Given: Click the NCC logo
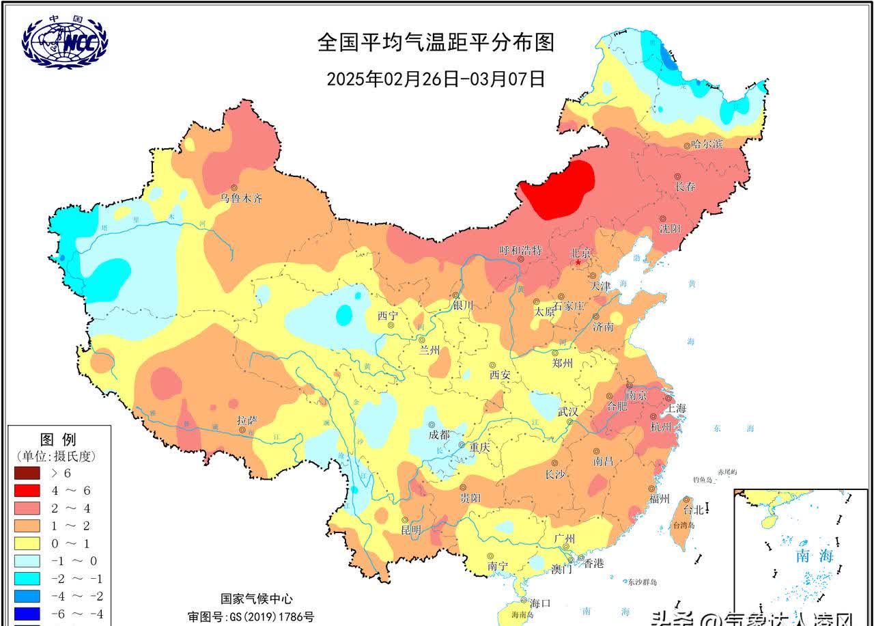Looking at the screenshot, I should click(x=65, y=42).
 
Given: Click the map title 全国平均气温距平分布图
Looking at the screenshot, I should click(x=436, y=42).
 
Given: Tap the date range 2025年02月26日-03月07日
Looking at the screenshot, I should click(x=436, y=79).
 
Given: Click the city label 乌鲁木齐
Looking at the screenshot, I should click(x=240, y=199).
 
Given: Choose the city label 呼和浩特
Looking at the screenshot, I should click(x=520, y=251).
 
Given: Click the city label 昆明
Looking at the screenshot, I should click(x=411, y=530).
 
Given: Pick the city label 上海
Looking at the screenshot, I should click(x=676, y=408).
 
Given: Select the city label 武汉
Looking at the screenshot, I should click(x=567, y=411).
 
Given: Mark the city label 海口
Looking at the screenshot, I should click(x=539, y=603).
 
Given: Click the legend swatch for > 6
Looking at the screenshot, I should click(x=28, y=472).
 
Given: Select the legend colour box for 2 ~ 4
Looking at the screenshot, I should click(x=28, y=508).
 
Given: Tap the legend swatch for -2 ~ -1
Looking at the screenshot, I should click(x=28, y=578).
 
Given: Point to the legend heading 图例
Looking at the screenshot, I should click(x=58, y=439).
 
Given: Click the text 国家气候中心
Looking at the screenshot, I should click(x=256, y=599).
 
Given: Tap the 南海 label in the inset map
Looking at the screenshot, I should click(x=815, y=556).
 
